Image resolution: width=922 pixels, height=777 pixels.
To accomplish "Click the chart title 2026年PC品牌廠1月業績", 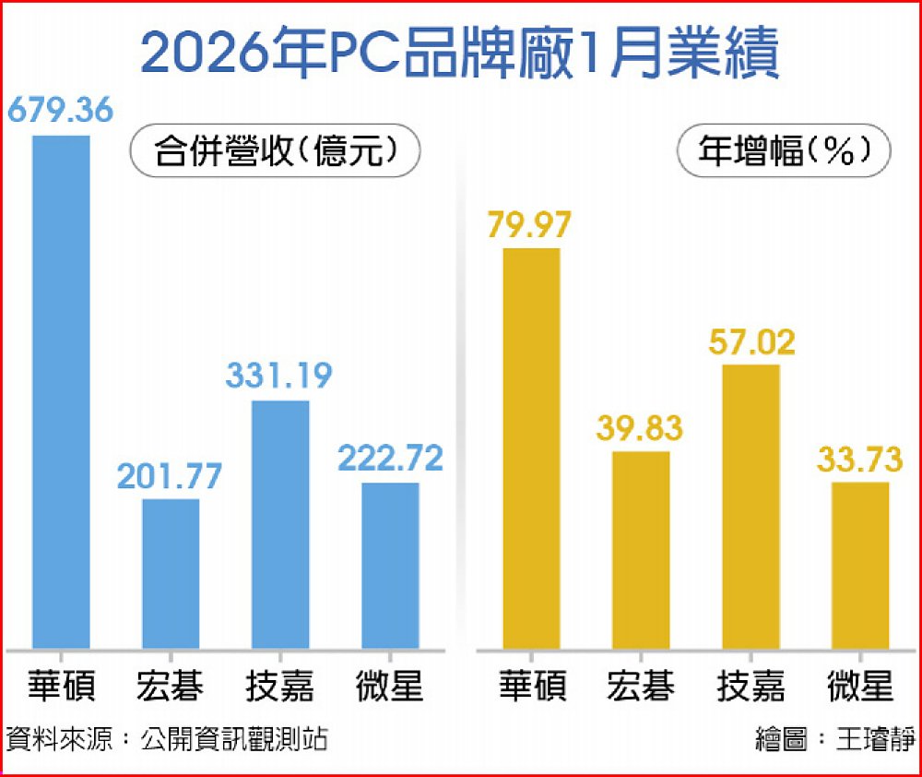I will (x=460, y=54).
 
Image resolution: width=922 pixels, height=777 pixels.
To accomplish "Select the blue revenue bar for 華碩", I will (x=61, y=391).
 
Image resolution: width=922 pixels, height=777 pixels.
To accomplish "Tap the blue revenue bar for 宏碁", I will (x=170, y=573).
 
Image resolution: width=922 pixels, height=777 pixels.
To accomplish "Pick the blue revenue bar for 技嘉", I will (x=280, y=524).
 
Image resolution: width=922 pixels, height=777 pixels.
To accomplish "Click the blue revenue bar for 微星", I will (x=390, y=565).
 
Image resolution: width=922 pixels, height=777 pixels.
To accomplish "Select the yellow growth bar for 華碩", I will (x=531, y=448).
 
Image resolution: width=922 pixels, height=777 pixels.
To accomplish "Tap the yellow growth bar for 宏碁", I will (x=641, y=549).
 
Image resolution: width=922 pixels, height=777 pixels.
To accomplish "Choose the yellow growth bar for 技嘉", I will (x=751, y=506).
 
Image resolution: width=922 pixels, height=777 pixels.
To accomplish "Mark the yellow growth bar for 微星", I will (x=860, y=565).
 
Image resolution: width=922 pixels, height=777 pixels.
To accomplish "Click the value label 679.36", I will (x=61, y=111).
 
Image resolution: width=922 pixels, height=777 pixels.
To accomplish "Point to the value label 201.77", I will (x=170, y=476).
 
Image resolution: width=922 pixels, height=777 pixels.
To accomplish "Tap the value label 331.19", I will (x=280, y=377).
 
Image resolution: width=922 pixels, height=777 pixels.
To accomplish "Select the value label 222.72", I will (x=390, y=459).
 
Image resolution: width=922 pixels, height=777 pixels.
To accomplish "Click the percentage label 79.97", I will (x=532, y=224).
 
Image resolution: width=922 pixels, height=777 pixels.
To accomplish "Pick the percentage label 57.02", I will (x=751, y=341).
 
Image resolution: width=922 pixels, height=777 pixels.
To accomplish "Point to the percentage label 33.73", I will (x=861, y=458).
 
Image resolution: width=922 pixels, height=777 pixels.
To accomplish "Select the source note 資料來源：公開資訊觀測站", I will (x=167, y=739).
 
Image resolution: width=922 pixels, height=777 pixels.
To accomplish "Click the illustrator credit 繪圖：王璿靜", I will (x=835, y=739).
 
